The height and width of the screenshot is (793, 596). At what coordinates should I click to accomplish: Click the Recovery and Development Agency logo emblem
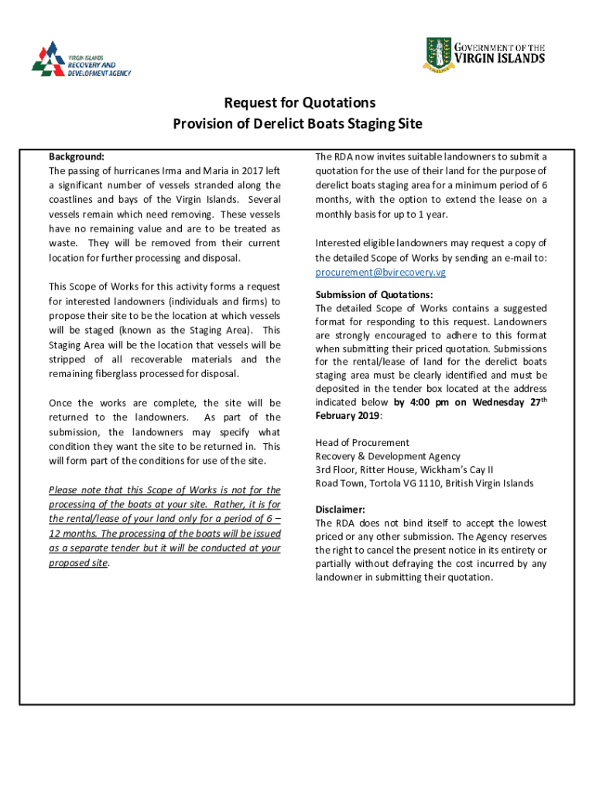(49, 58)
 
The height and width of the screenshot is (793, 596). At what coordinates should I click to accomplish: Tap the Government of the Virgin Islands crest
(438, 54)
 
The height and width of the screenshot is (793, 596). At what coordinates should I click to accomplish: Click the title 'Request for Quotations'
(300, 103)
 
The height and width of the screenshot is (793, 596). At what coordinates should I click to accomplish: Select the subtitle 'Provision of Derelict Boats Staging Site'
(297, 124)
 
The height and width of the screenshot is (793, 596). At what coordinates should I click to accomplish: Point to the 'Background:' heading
(76, 156)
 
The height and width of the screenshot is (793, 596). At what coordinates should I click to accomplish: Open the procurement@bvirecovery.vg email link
(380, 273)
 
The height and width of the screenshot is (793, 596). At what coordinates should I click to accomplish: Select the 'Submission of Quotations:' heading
(374, 294)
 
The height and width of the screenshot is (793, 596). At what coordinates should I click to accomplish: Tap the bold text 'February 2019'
(347, 416)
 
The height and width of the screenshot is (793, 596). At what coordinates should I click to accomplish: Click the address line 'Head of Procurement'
(362, 443)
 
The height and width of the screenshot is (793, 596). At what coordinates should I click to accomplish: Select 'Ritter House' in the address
(387, 470)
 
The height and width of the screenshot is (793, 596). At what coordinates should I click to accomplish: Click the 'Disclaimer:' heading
(340, 510)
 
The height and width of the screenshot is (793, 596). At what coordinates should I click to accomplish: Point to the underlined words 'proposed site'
(78, 563)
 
